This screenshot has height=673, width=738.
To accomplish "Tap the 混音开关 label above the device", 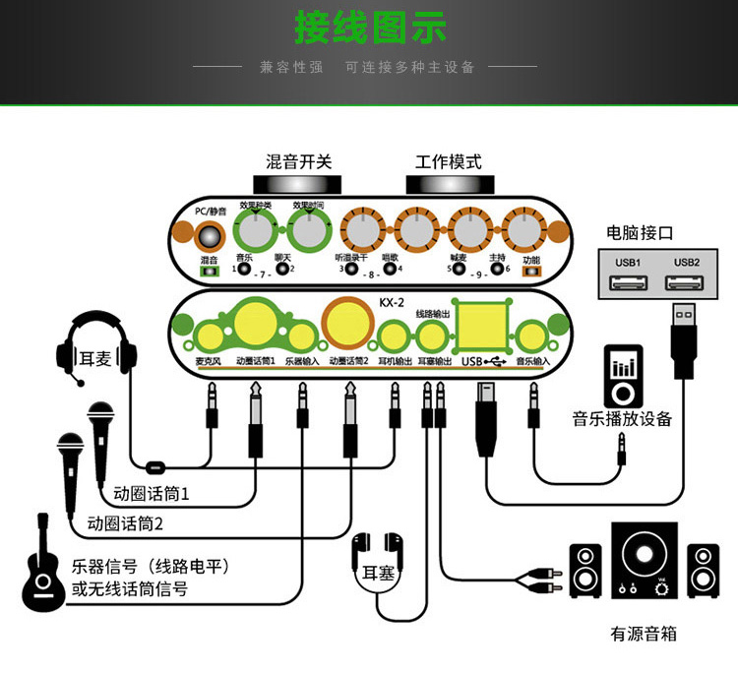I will (298, 161).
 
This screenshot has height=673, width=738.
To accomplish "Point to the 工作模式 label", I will (448, 161).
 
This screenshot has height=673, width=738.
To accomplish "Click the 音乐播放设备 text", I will (622, 418).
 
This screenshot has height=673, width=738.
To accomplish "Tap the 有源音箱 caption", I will (644, 634).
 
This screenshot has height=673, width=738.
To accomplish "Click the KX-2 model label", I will (392, 302).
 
